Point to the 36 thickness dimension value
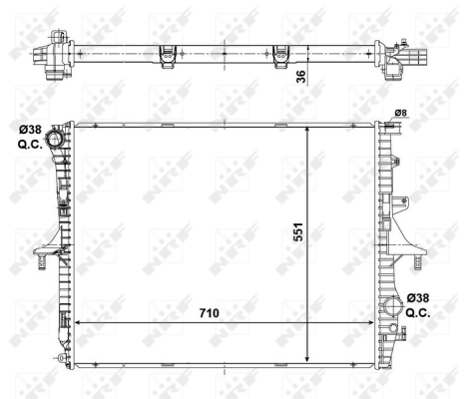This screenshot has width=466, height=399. [300, 76]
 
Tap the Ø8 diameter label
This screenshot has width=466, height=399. [399, 113]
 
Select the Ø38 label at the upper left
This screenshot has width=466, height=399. [29, 128]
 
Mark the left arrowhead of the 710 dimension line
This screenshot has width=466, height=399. [79, 324]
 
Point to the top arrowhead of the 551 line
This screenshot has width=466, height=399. [311, 128]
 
